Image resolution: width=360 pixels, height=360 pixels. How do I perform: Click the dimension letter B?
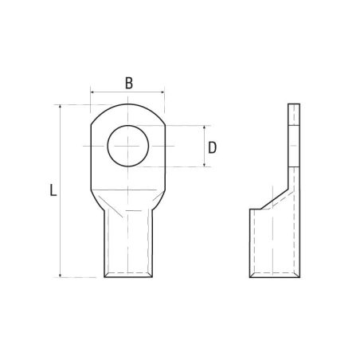coord(129,83)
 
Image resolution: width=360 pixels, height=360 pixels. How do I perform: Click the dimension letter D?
coord(212,148)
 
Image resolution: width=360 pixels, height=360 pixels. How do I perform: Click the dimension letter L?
coord(53,190)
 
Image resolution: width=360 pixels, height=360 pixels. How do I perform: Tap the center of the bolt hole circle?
coord(128,146)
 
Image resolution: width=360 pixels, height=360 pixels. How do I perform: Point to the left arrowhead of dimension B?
coord(92,92)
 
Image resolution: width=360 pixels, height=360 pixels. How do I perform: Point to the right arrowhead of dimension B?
coord(162,92)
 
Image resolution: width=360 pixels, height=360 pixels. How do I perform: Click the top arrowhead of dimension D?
coord(204,127)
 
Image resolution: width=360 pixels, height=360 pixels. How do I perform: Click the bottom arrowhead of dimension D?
coord(204,165)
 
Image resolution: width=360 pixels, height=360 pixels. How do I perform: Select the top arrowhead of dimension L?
coord(61,107)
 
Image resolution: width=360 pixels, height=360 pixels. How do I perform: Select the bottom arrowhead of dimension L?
coord(61,276)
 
